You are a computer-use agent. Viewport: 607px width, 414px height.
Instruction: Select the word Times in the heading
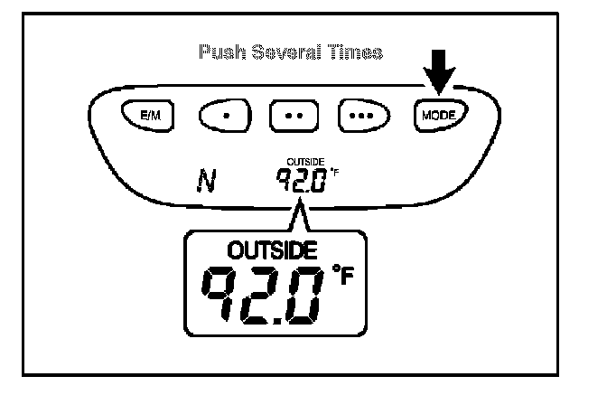[356, 53]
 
